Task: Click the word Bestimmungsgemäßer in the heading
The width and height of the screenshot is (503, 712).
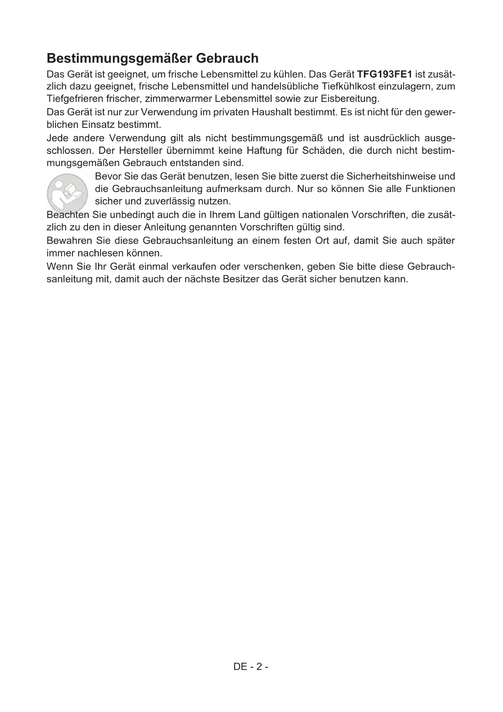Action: [120, 58]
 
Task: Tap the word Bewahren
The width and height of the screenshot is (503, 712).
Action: [68, 241]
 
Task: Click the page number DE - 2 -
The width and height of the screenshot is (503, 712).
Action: [251, 667]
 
